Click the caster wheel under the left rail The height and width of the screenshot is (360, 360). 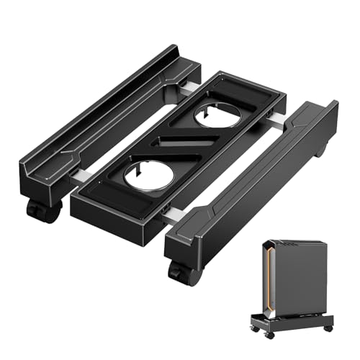click(x=36, y=210)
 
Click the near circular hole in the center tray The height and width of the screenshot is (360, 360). click(x=145, y=174)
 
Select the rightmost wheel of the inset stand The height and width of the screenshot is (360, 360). click(x=328, y=328)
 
